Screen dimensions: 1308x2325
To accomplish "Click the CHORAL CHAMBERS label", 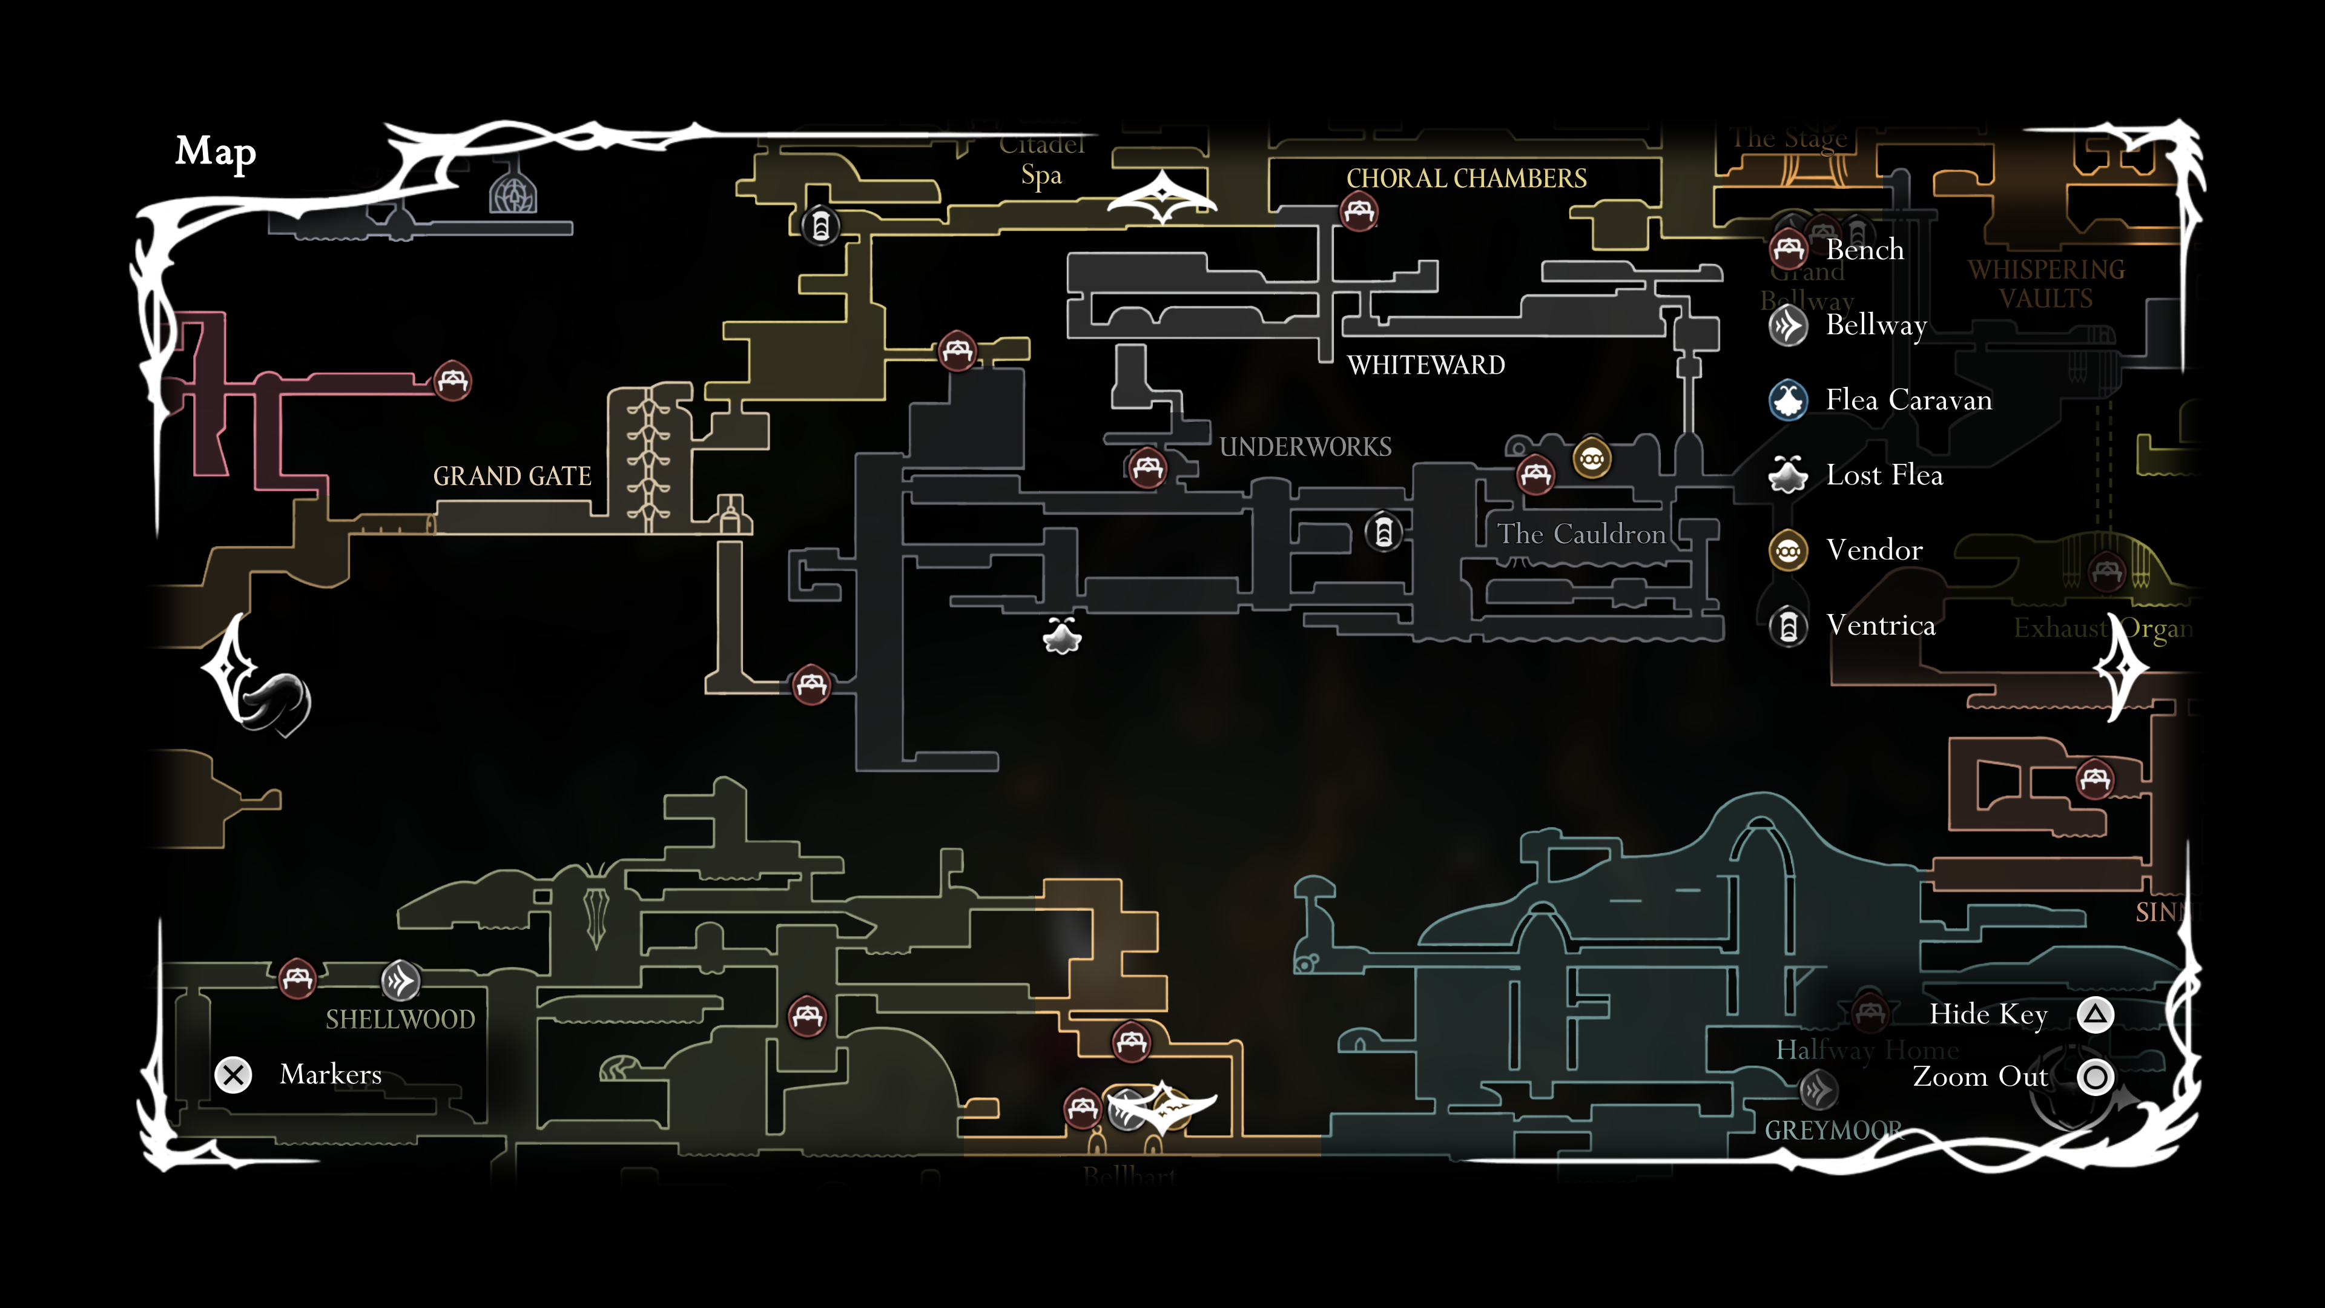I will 1466,179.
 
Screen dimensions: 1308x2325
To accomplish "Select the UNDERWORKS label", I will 1305,447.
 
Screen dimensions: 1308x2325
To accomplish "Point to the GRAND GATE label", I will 512,476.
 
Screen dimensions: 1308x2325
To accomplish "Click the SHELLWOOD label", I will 400,1019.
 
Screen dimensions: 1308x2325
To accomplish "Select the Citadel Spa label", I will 1041,160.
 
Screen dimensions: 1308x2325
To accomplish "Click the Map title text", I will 216,151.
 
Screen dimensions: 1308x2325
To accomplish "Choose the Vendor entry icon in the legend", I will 1788,550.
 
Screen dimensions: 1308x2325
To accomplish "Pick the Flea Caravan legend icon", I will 1788,400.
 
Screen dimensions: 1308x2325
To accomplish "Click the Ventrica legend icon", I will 1788,626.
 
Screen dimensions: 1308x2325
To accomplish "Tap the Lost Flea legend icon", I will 1788,475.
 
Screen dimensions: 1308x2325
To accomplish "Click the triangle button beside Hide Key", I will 2095,1015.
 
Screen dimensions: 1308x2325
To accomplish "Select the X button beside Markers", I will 234,1075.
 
